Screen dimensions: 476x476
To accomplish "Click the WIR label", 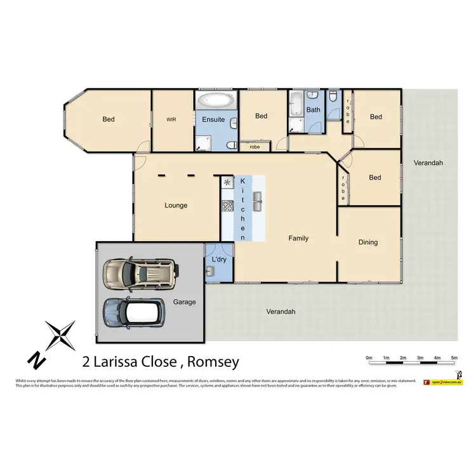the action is pyautogui.click(x=171, y=119).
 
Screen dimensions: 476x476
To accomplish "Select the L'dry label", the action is pyautogui.click(x=219, y=260).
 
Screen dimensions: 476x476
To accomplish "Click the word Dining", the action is pyautogui.click(x=368, y=242).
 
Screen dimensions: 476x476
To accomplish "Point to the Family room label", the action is pyautogui.click(x=298, y=239).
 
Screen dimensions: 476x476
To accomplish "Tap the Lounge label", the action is pyautogui.click(x=176, y=205).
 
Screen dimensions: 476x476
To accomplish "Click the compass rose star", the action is pyautogui.click(x=61, y=336).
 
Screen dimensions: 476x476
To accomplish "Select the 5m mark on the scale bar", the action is pyautogui.click(x=454, y=359).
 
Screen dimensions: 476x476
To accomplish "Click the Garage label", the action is pyautogui.click(x=185, y=302).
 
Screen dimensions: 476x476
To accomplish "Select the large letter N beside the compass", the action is pyautogui.click(x=36, y=360).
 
